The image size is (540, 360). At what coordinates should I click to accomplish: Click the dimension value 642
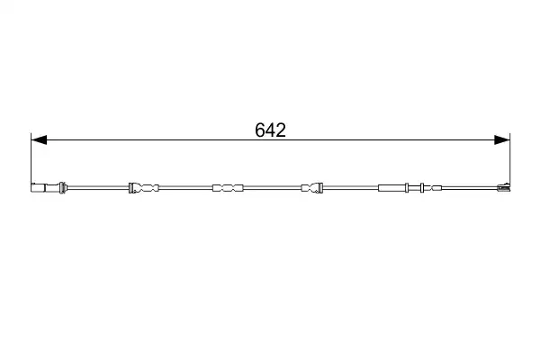tap(270, 130)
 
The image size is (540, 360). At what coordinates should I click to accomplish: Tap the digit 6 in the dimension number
tap(260, 130)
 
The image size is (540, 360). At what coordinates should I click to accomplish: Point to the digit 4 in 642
tap(270, 130)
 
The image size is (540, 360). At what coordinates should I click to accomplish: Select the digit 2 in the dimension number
tap(281, 130)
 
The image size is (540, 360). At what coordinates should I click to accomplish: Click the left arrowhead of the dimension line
tap(39, 139)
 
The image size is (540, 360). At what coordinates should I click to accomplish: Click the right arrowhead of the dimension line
tap(502, 139)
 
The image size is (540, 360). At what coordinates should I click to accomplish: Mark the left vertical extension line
tap(31, 160)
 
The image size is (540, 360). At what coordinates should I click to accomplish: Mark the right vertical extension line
tap(510, 160)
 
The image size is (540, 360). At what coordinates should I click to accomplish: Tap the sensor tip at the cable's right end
tap(504, 187)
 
